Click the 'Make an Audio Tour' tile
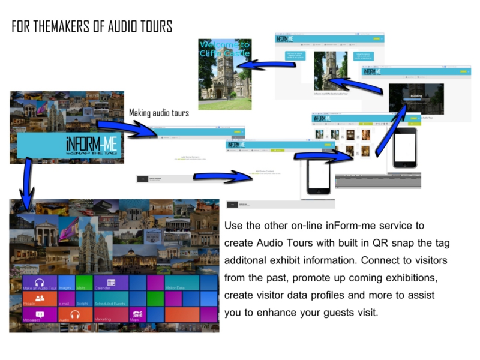tap(40, 283)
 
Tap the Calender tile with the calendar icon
tap(111, 283)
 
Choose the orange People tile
tap(40, 299)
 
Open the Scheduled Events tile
tap(111, 299)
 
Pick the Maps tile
tap(137, 314)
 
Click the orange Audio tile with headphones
tap(75, 314)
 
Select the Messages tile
tap(40, 314)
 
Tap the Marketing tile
tap(111, 314)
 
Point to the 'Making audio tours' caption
tap(159, 113)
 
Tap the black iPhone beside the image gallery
tap(405, 147)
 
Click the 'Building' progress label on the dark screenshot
tap(416, 95)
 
